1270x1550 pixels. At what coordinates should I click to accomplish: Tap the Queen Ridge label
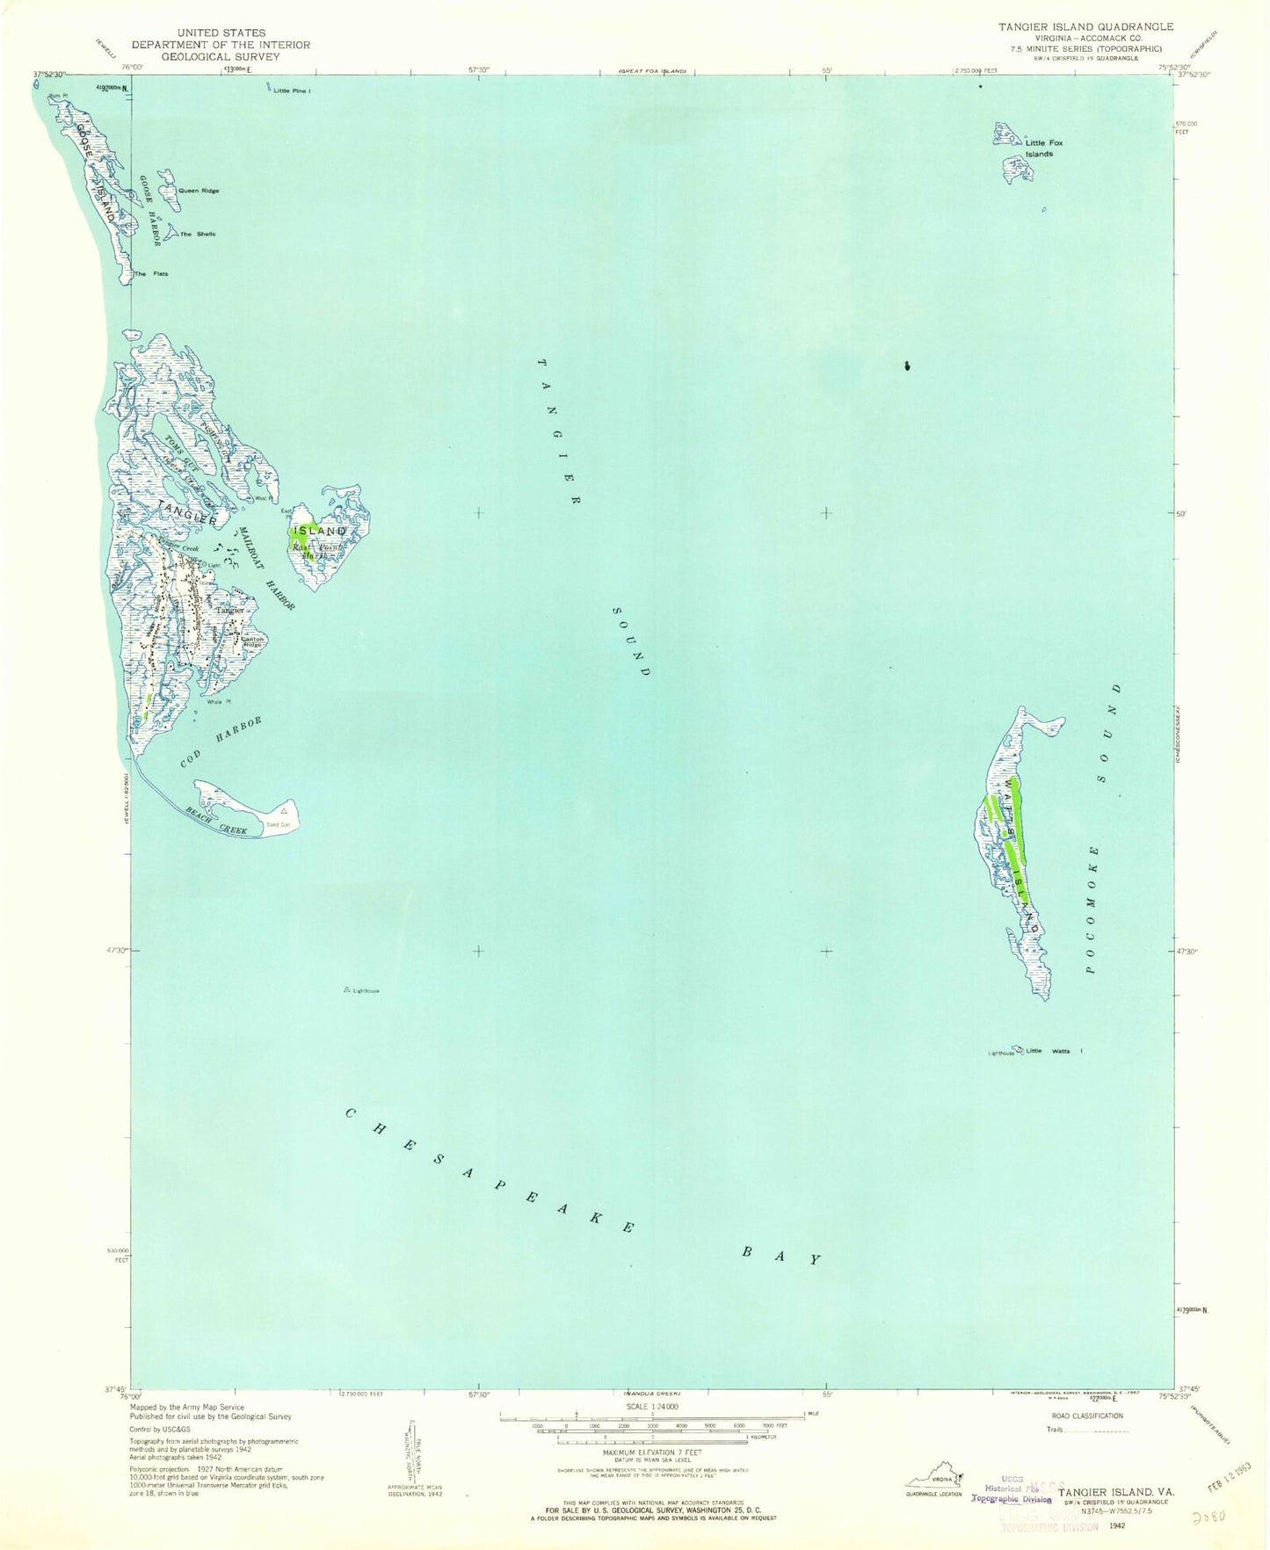(199, 191)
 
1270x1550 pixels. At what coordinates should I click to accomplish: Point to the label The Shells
(198, 234)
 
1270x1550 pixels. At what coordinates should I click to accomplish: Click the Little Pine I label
(292, 91)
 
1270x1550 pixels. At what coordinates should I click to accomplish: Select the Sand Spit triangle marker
(283, 812)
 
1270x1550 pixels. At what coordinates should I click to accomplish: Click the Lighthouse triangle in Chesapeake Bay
(347, 990)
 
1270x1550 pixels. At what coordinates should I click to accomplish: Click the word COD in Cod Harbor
(192, 757)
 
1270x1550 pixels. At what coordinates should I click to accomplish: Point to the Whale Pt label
(218, 701)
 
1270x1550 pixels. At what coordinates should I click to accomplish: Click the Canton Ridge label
(252, 642)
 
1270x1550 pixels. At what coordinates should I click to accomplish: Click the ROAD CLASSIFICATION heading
(1087, 1416)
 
